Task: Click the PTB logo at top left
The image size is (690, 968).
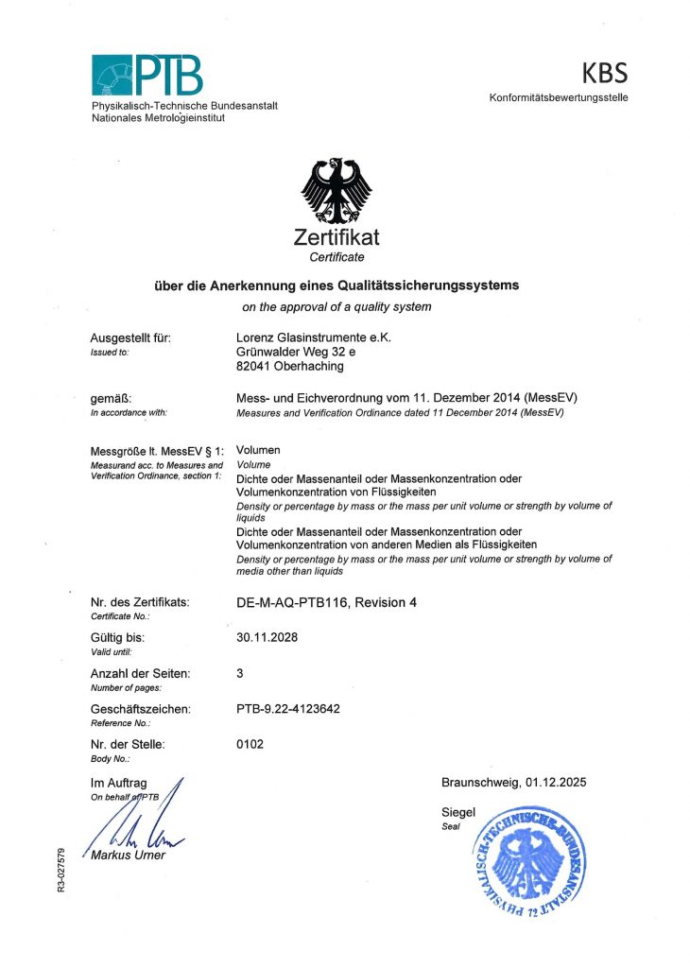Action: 147,76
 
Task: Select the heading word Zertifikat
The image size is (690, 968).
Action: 337,238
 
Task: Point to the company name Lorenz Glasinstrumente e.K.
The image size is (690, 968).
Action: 312,337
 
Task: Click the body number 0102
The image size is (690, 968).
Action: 250,745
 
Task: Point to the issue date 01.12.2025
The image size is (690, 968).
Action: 554,782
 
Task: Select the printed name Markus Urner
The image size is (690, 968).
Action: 128,856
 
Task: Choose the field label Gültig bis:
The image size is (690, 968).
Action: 117,638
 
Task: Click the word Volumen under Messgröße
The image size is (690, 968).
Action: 258,450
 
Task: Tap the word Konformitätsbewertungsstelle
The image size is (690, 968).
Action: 559,98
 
